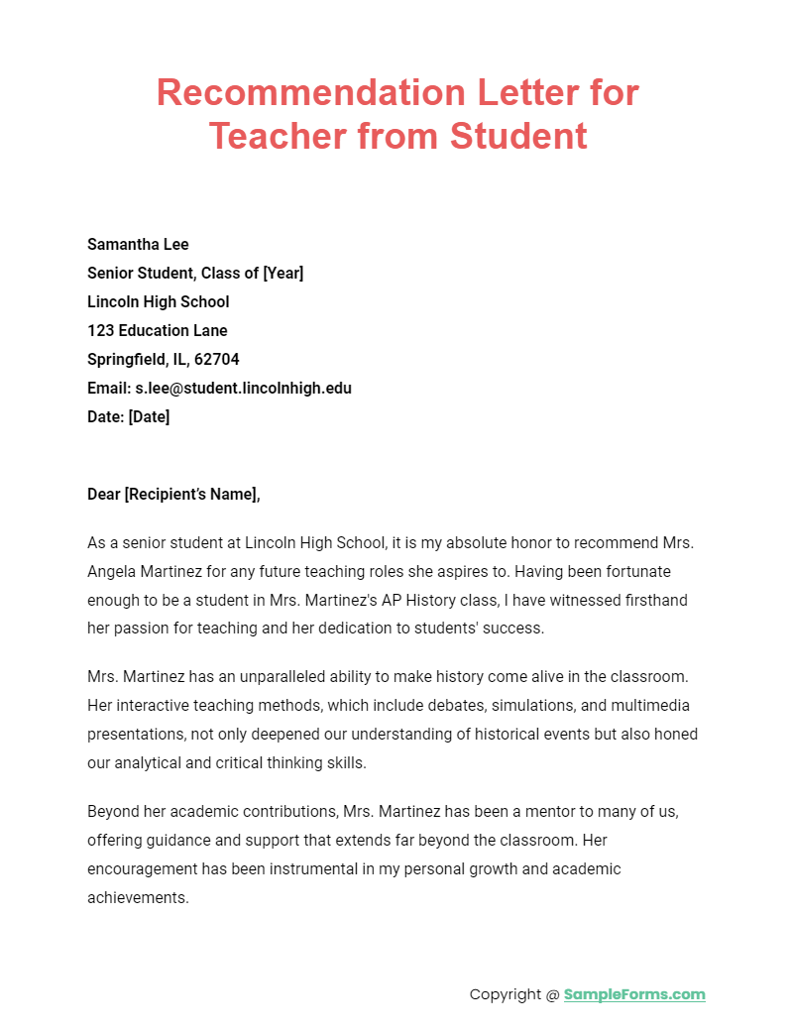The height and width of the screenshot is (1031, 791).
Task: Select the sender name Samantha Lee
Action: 138,245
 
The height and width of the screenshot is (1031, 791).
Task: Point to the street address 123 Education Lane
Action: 157,331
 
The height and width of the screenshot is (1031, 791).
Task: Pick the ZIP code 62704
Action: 217,360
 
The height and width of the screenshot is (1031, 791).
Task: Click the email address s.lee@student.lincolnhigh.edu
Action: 243,389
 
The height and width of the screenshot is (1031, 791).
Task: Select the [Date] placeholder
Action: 148,417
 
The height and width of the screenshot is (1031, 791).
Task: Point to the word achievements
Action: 137,898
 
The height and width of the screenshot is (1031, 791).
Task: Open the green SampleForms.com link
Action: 634,994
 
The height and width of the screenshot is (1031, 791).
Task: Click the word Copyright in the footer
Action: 505,994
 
